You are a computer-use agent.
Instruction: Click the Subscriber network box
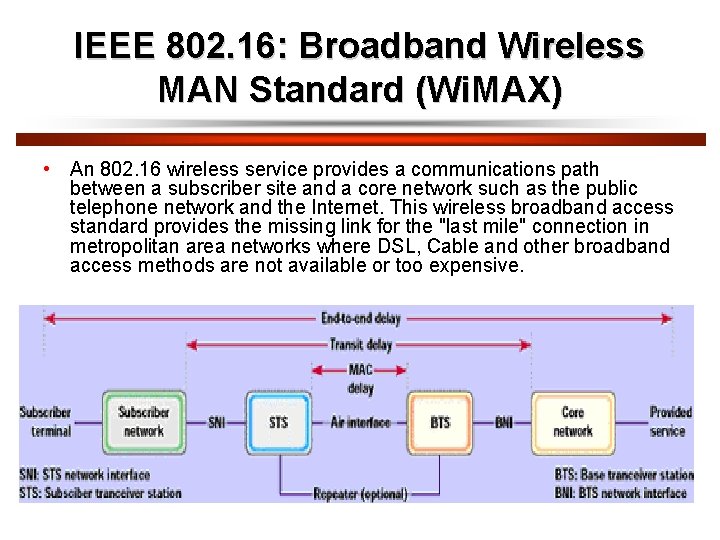pos(143,422)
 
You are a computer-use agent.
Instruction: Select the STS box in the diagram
pos(278,422)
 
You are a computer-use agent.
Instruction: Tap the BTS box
pos(440,422)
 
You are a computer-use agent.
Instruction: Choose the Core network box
pos(573,422)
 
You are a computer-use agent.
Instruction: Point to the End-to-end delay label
pos(360,318)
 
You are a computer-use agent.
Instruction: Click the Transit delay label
pos(360,345)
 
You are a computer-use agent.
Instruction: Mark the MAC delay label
pos(360,379)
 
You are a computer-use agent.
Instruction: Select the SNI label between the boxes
pos(217,423)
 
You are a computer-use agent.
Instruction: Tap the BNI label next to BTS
pos(504,423)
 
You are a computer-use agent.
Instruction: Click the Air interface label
pos(360,423)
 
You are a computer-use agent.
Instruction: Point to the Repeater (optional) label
pos(360,494)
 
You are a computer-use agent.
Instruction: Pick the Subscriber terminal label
pos(45,422)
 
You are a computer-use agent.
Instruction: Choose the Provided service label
pos(669,422)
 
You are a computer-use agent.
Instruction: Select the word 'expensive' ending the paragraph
pos(475,266)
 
